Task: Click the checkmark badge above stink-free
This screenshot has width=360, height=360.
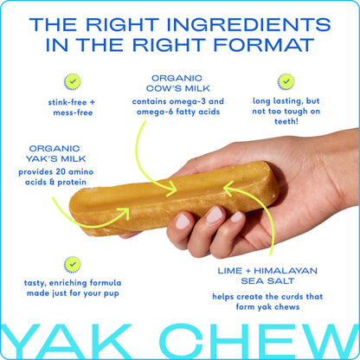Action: click(73, 82)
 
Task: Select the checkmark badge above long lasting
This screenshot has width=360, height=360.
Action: click(286, 81)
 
